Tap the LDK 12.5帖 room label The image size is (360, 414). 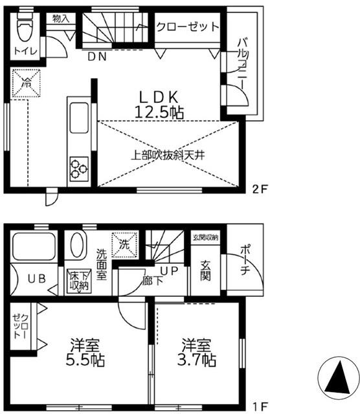pyautogui.click(x=159, y=104)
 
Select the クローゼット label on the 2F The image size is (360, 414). pyautogui.click(x=187, y=28)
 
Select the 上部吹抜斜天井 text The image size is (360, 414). pyautogui.click(x=168, y=155)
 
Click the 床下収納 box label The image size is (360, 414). pyautogui.click(x=78, y=281)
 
